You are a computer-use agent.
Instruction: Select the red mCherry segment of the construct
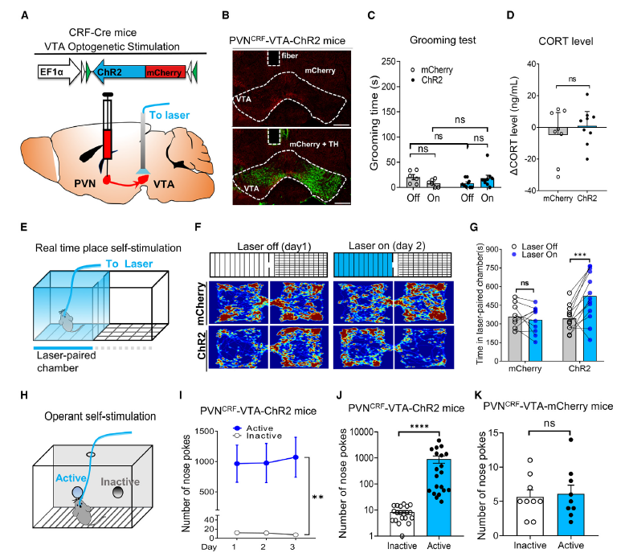click(166, 72)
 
